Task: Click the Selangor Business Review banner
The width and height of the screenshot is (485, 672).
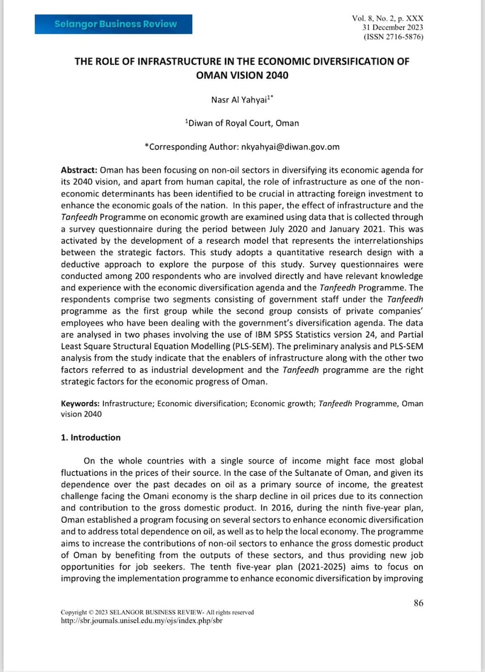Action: point(115,24)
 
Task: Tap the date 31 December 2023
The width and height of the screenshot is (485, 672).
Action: point(393,28)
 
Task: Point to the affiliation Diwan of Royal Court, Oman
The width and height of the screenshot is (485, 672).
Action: point(242,123)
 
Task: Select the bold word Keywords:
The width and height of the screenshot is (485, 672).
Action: point(81,403)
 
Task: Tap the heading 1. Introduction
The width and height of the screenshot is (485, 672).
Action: point(91,437)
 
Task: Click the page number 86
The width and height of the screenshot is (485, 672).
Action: point(418,602)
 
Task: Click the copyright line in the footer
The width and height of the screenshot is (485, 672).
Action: point(157,613)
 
